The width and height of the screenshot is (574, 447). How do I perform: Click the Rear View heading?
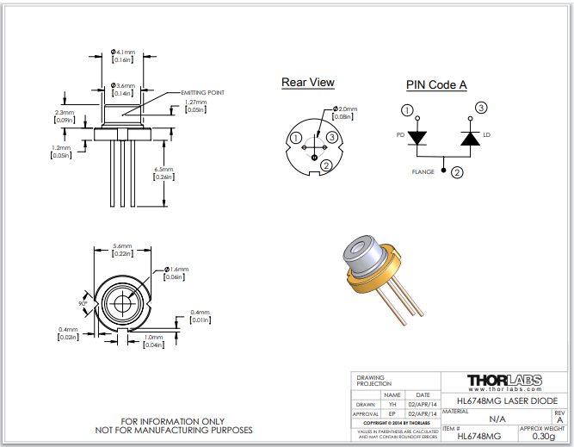[307, 83]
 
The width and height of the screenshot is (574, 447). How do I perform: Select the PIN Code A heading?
[436, 84]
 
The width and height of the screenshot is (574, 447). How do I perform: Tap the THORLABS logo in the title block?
[505, 380]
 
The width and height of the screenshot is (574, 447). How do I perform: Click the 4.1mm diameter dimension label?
[124, 52]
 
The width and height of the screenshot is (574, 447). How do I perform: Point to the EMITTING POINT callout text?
[204, 92]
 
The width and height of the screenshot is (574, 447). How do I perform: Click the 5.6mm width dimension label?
[122, 246]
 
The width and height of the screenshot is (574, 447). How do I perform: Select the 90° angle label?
[84, 304]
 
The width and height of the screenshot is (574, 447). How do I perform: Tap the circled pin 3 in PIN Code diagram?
[481, 108]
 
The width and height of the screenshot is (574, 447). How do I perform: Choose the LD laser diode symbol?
[470, 138]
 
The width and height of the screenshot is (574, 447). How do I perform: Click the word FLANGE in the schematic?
[423, 172]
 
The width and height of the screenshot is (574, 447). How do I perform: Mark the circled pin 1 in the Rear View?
[296, 138]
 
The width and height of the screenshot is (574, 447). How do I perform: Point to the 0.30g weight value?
[543, 437]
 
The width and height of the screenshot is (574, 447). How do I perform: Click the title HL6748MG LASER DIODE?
[506, 400]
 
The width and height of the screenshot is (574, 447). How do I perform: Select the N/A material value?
[497, 419]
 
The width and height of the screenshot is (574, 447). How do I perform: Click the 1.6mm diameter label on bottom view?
[177, 270]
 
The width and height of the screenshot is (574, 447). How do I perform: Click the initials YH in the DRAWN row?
[392, 404]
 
